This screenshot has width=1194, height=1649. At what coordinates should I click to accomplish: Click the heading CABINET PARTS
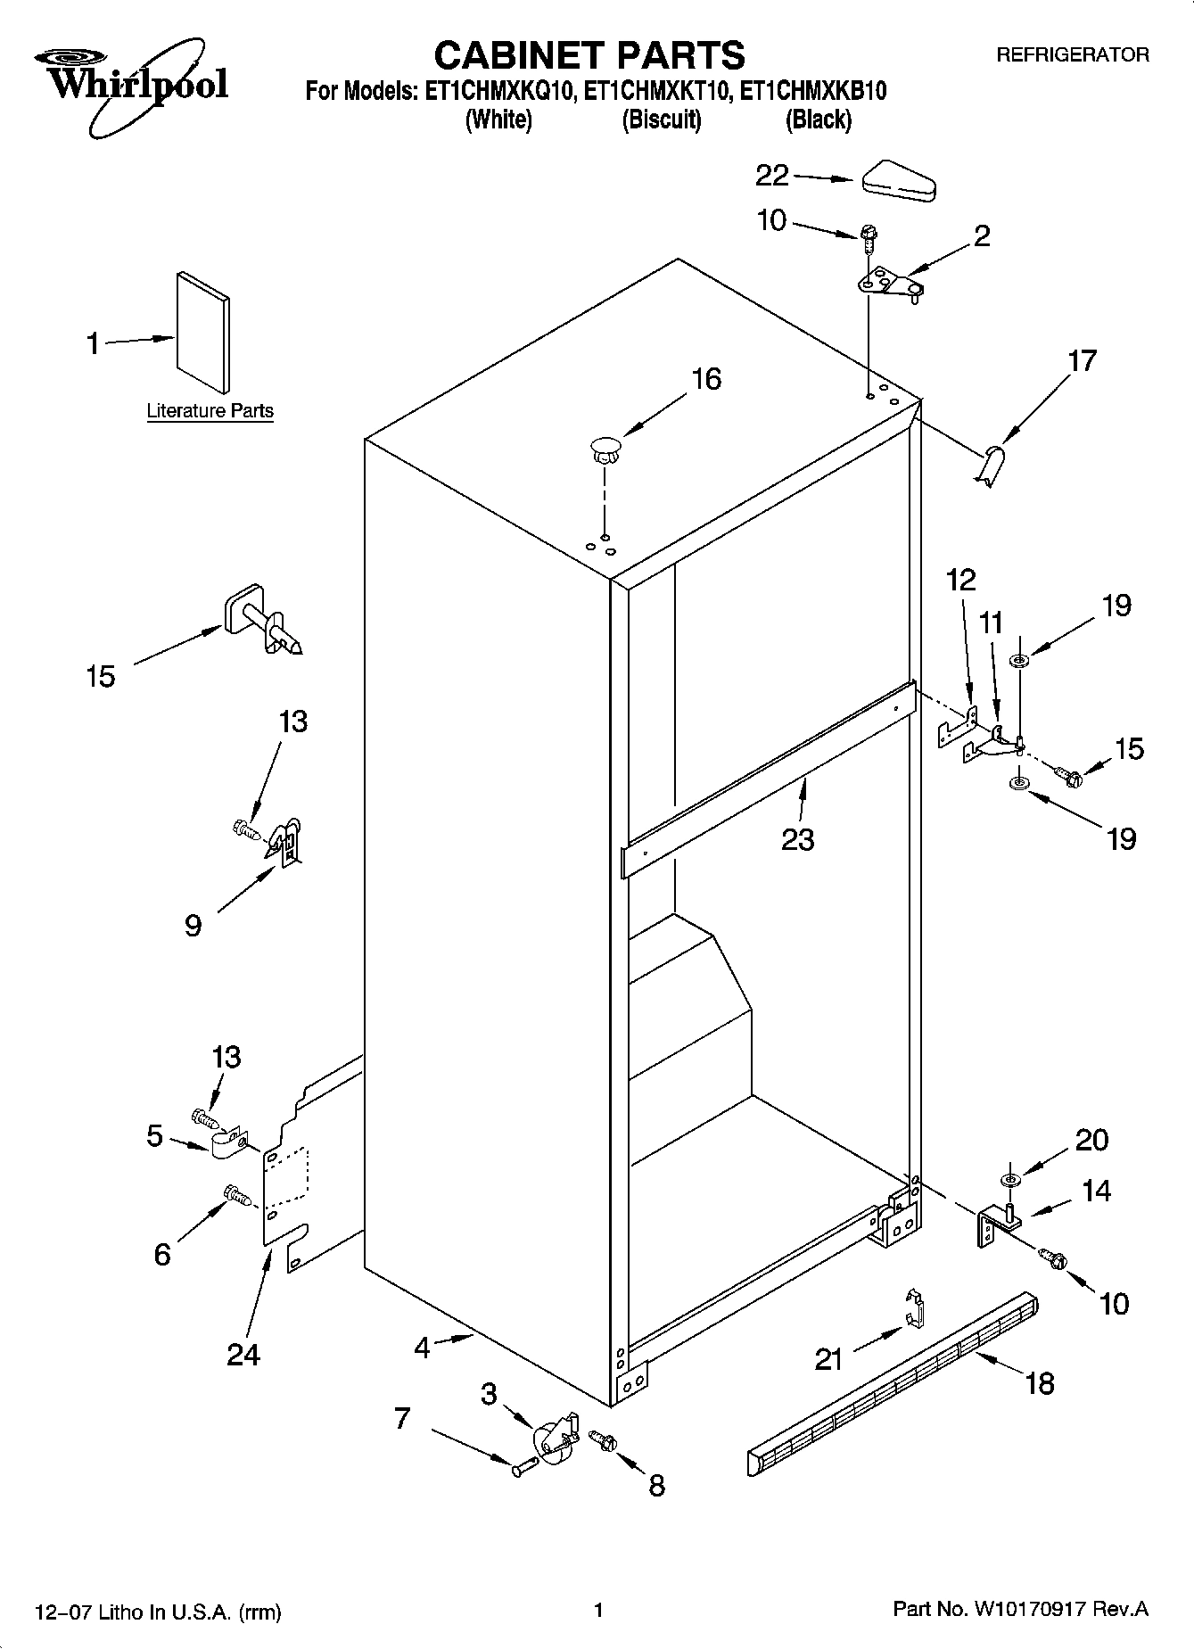(589, 55)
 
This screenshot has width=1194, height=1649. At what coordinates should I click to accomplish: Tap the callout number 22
(771, 176)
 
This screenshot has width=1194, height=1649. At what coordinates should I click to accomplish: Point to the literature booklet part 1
(202, 332)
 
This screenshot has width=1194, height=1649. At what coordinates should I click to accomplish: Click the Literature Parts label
(210, 411)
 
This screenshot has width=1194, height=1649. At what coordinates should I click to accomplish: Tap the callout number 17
(1082, 361)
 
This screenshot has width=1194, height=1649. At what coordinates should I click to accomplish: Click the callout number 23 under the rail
(797, 839)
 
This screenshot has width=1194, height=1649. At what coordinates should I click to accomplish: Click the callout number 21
(828, 1359)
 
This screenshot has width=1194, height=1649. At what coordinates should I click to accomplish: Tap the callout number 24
(243, 1354)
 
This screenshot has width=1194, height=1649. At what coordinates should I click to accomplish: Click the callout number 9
(193, 925)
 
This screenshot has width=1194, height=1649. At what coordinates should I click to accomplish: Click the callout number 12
(960, 581)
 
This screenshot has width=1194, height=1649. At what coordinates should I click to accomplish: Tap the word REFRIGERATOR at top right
(1072, 55)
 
